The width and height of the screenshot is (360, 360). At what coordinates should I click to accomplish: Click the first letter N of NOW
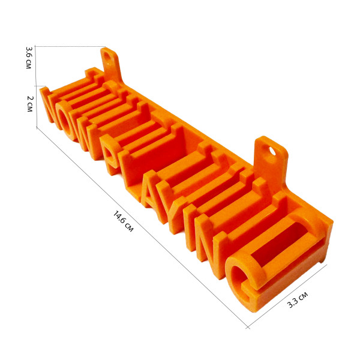coord(47,106)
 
